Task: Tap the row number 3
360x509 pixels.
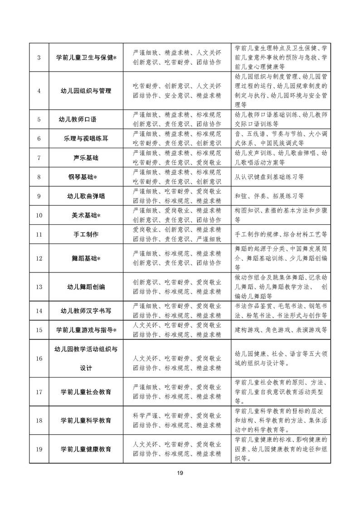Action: (39, 58)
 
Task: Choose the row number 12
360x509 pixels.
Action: (39, 258)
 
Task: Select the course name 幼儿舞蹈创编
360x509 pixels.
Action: (86, 287)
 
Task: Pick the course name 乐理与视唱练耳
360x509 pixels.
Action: (86, 139)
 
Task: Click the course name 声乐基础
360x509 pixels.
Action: (86, 158)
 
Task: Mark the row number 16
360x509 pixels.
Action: (39, 359)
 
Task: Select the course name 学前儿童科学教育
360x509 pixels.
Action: (86, 421)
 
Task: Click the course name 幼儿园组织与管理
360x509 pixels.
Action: (86, 91)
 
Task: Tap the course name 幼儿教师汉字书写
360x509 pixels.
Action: (86, 311)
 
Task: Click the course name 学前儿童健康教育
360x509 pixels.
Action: (86, 449)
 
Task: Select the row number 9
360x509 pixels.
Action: (39, 196)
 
